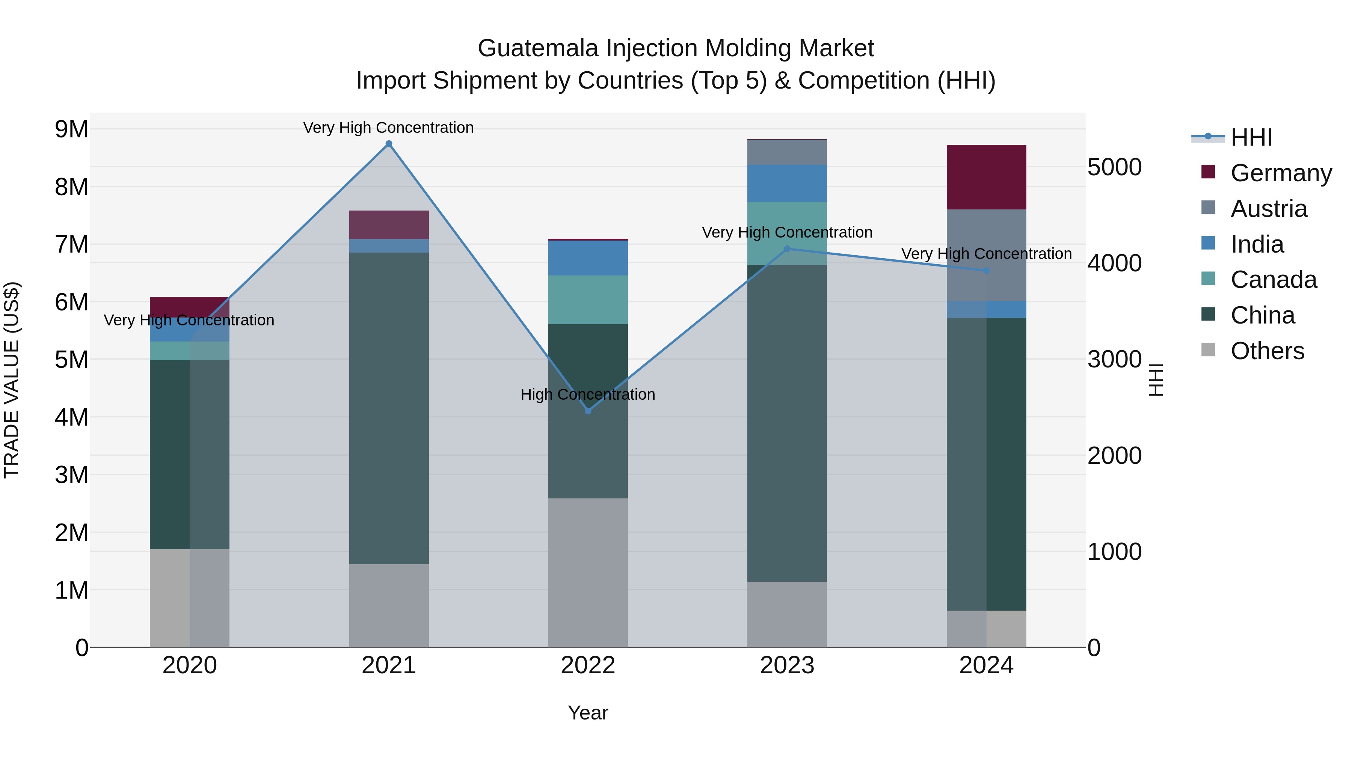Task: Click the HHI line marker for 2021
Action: (389, 144)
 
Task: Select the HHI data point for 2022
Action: (588, 411)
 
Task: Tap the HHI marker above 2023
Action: (787, 249)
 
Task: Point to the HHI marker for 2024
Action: (986, 271)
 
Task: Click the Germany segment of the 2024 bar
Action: (986, 177)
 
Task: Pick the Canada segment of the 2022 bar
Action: (588, 299)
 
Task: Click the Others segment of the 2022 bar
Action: (588, 572)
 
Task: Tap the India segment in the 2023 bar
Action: (787, 183)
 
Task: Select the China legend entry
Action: (1262, 315)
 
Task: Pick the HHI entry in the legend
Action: (1251, 137)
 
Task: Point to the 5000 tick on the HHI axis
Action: (1114, 167)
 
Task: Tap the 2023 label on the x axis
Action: (787, 665)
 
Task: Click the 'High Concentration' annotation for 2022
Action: (588, 394)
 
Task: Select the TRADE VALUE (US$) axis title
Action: (12, 380)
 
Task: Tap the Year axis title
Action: (588, 713)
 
